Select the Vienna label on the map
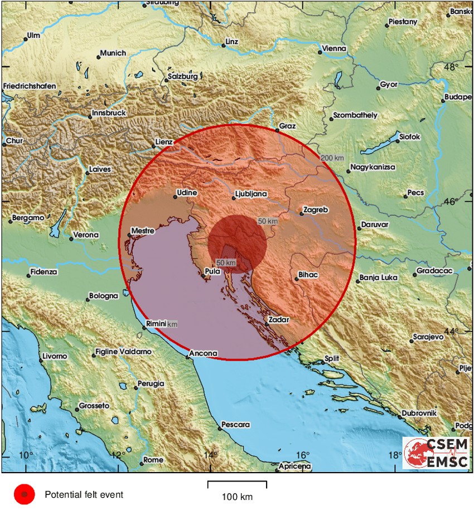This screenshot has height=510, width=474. click(335, 48)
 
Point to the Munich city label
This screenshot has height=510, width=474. click(113, 54)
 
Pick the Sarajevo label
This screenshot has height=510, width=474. click(428, 337)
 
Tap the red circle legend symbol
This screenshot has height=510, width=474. click(24, 494)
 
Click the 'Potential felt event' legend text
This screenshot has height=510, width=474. click(84, 494)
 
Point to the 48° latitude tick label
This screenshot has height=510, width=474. click(451, 67)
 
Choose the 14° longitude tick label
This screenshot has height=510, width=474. click(210, 455)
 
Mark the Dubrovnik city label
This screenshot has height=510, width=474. click(420, 413)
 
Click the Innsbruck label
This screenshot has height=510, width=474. click(110, 113)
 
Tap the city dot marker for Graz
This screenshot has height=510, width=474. click(277, 130)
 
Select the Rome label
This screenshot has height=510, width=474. click(153, 460)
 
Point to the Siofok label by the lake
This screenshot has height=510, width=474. click(409, 137)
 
